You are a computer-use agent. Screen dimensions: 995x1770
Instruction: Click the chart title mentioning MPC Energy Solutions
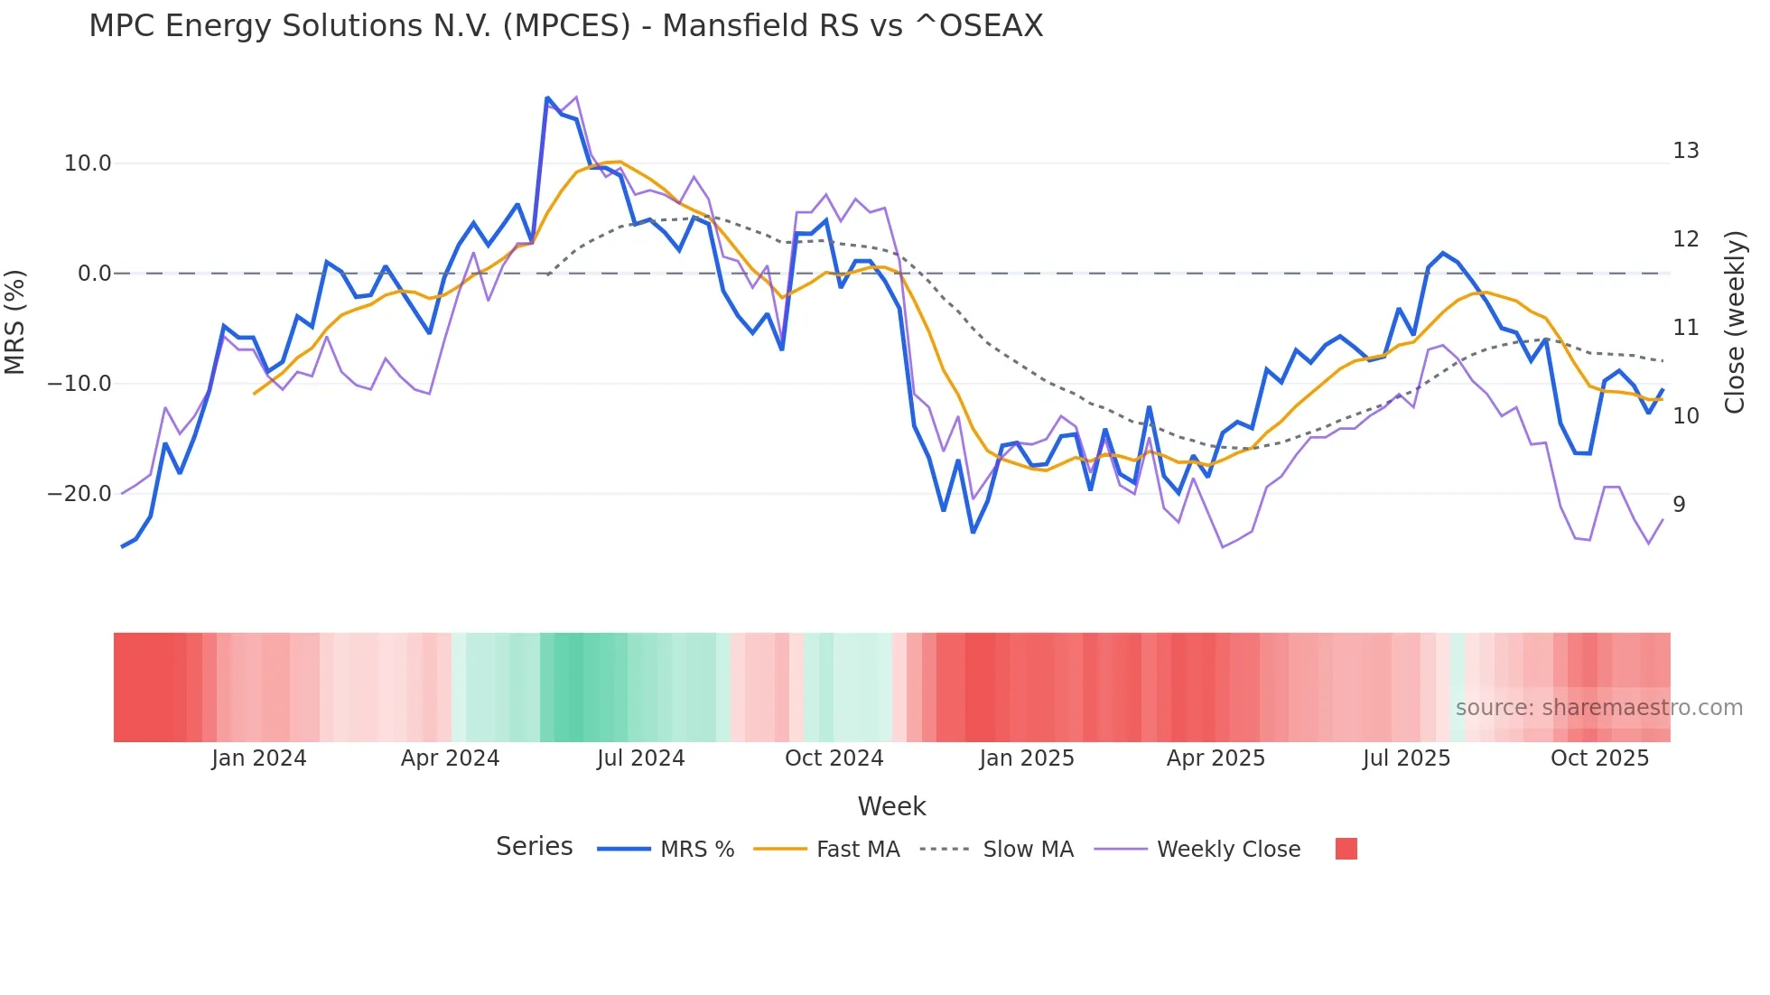[565, 26]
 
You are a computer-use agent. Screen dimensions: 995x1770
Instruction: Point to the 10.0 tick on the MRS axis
[88, 163]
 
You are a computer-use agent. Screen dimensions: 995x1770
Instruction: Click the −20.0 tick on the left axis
[79, 494]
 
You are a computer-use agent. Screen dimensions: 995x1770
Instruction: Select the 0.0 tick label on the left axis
[95, 274]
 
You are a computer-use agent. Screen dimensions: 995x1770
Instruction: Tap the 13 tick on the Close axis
[1685, 151]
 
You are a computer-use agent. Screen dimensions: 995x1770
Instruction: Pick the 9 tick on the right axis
[1679, 505]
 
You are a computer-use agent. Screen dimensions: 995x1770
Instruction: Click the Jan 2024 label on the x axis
[259, 758]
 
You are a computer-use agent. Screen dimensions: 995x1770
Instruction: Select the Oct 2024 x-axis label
[834, 758]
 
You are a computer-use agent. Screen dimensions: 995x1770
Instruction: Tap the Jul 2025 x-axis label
[1406, 758]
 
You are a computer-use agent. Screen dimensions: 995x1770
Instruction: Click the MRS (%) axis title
[15, 321]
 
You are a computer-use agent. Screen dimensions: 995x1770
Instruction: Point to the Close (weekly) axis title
[1735, 322]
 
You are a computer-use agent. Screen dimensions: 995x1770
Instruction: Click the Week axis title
[891, 806]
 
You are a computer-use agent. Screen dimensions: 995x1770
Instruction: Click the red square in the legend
[1346, 849]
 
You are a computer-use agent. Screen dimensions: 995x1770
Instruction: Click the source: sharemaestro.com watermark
[1598, 708]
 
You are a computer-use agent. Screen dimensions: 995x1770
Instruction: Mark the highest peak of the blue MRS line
[547, 98]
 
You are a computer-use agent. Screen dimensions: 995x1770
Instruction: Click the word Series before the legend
[534, 847]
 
